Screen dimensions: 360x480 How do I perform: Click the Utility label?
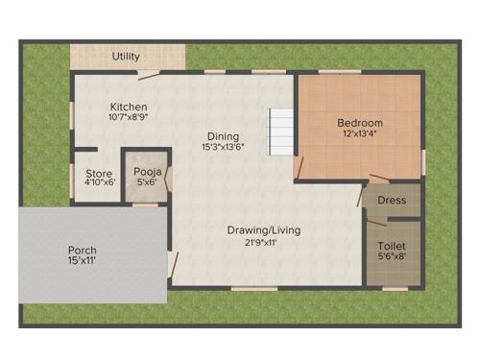pyautogui.click(x=126, y=57)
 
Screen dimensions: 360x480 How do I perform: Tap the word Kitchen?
pyautogui.click(x=128, y=107)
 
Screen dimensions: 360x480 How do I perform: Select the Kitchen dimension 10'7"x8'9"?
pyautogui.click(x=128, y=117)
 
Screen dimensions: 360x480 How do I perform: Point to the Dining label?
pyautogui.click(x=222, y=136)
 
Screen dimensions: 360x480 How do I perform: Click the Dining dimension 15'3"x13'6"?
pyautogui.click(x=222, y=148)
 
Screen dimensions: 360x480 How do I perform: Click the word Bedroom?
pyautogui.click(x=360, y=123)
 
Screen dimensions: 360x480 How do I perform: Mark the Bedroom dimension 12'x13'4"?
pyautogui.click(x=360, y=134)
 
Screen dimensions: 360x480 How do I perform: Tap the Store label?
pyautogui.click(x=99, y=174)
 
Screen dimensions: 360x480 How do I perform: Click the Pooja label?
pyautogui.click(x=147, y=172)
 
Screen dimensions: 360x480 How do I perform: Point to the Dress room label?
pyautogui.click(x=392, y=201)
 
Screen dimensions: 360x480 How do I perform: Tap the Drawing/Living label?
pyautogui.click(x=264, y=230)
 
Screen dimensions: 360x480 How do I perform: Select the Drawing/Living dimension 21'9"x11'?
pyautogui.click(x=264, y=242)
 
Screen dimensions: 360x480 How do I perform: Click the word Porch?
pyautogui.click(x=83, y=250)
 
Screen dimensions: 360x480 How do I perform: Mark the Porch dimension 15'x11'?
pyautogui.click(x=83, y=261)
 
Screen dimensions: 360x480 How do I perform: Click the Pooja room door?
pyautogui.click(x=169, y=180)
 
